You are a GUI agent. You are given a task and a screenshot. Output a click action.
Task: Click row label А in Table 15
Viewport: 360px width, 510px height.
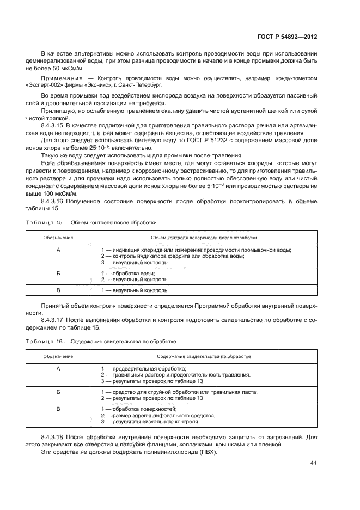pyautogui.click(x=58, y=250)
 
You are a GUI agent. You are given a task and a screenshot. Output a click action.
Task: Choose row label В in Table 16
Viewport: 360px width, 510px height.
pyautogui.click(x=58, y=408)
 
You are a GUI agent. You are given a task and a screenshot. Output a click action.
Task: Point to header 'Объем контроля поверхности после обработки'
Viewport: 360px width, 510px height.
pyautogui.click(x=204, y=238)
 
